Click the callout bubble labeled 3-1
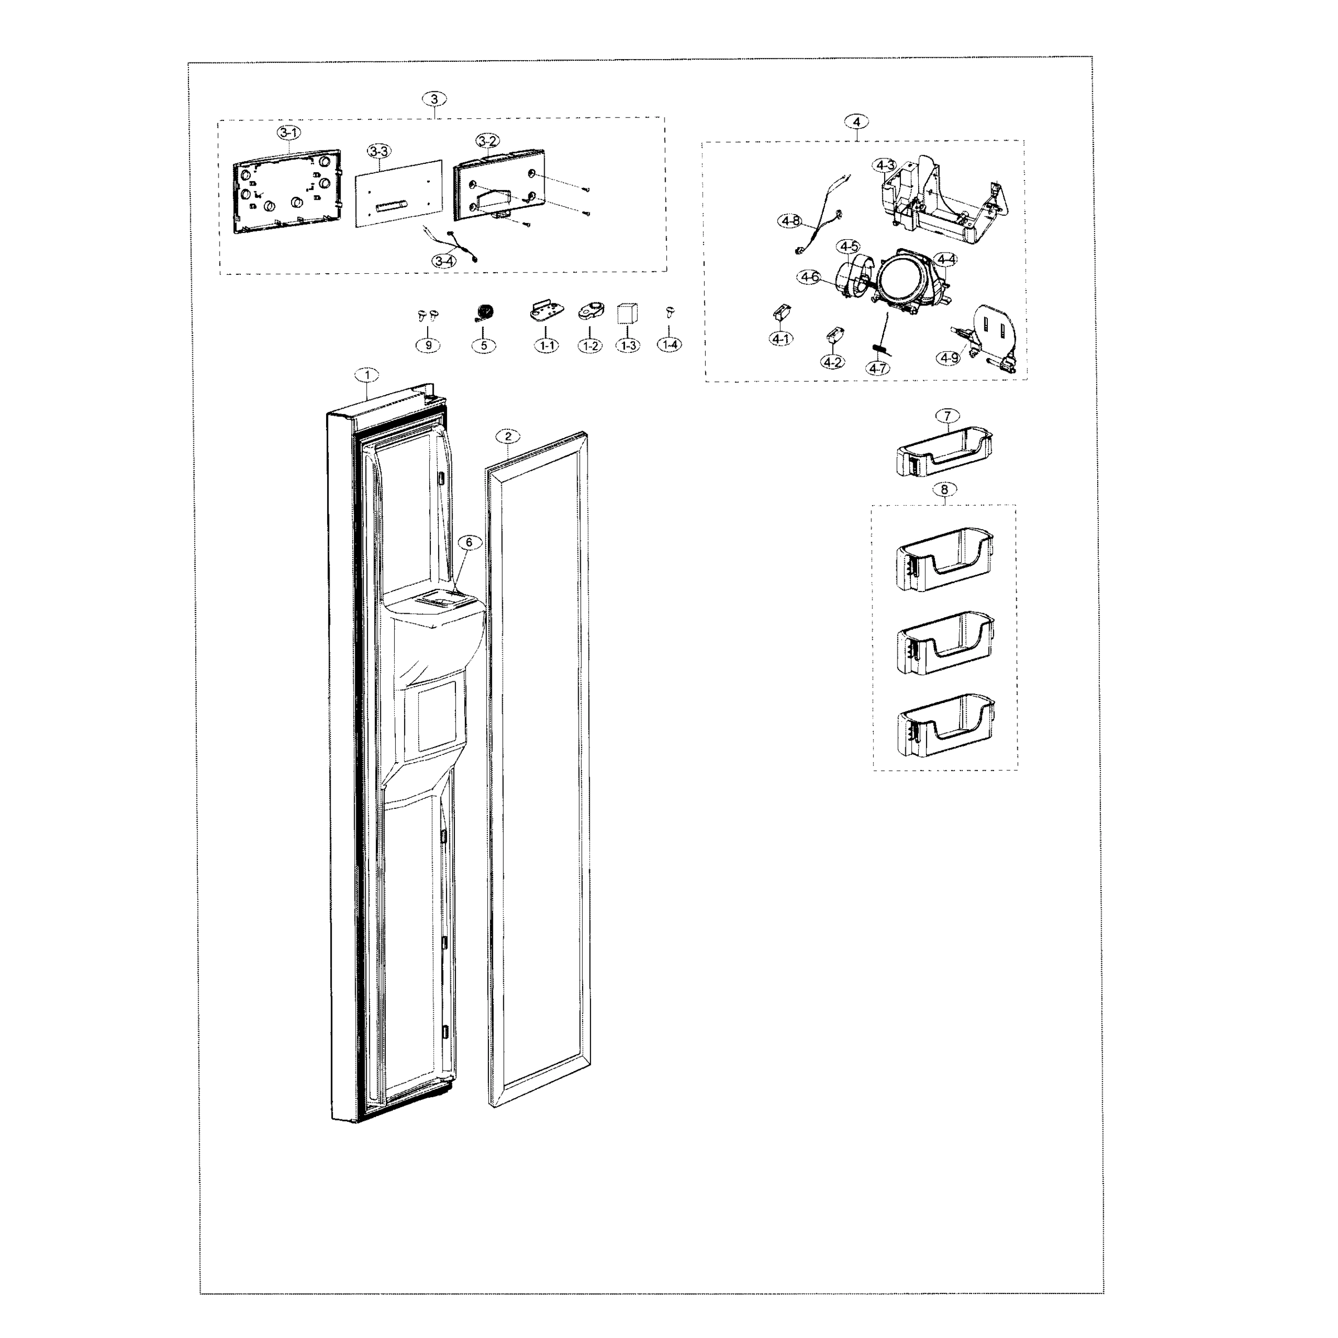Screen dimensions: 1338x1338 pyautogui.click(x=289, y=132)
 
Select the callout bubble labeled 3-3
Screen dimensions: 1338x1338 pyautogui.click(x=379, y=151)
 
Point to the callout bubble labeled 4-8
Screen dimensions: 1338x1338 pyautogui.click(x=790, y=221)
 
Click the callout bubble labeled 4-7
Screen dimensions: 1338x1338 pyautogui.click(x=878, y=369)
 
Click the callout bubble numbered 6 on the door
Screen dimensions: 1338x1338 pyautogui.click(x=469, y=542)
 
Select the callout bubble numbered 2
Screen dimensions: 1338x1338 pyautogui.click(x=508, y=437)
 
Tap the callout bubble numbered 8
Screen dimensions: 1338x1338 pyautogui.click(x=944, y=489)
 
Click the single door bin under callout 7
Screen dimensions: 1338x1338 pyautogui.click(x=944, y=452)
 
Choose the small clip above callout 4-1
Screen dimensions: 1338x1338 pyautogui.click(x=780, y=312)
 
